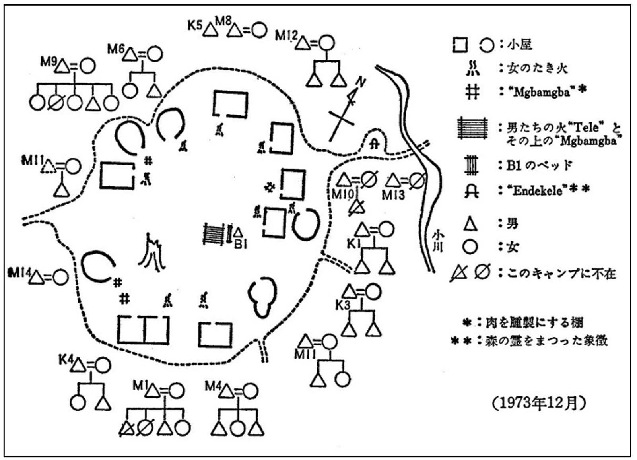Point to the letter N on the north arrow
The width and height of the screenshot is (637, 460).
coord(360,82)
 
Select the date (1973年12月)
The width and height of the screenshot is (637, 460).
coord(539,403)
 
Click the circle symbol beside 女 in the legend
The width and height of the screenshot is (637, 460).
coord(470,247)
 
